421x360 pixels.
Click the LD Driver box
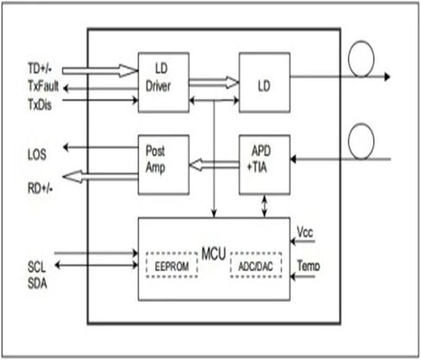point(164,82)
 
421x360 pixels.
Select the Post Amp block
point(164,165)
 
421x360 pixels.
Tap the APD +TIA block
point(265,165)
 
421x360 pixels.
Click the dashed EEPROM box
point(172,265)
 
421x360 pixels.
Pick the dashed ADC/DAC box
point(256,265)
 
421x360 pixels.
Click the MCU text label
point(214,254)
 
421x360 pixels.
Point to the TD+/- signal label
point(40,68)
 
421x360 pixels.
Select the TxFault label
point(43,85)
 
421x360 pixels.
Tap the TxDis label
point(40,104)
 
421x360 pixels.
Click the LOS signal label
point(37,155)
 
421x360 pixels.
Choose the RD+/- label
point(41,188)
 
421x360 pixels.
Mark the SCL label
point(36,267)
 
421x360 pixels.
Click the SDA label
point(37,283)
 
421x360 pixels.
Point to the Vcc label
point(305,232)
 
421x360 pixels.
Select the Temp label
point(309,266)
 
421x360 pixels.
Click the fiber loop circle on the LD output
point(361,41)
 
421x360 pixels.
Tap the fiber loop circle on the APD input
point(361,124)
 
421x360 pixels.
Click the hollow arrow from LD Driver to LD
point(214,83)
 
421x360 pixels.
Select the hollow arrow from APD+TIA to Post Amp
point(214,165)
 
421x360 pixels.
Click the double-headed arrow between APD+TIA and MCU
point(265,206)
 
